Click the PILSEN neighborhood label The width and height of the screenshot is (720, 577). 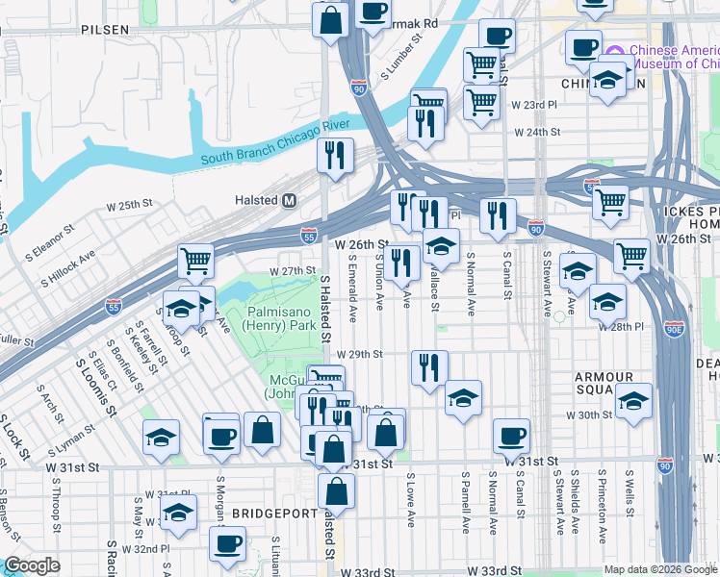(105, 30)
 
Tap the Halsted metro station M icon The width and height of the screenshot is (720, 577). (288, 200)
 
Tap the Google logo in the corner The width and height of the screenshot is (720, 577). (33, 566)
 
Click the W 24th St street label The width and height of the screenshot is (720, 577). (536, 132)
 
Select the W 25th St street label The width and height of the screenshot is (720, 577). (130, 206)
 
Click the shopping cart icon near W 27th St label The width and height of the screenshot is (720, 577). (195, 260)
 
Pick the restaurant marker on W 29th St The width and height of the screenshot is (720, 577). (429, 366)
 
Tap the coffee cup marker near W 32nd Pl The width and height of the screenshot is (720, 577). (228, 543)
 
